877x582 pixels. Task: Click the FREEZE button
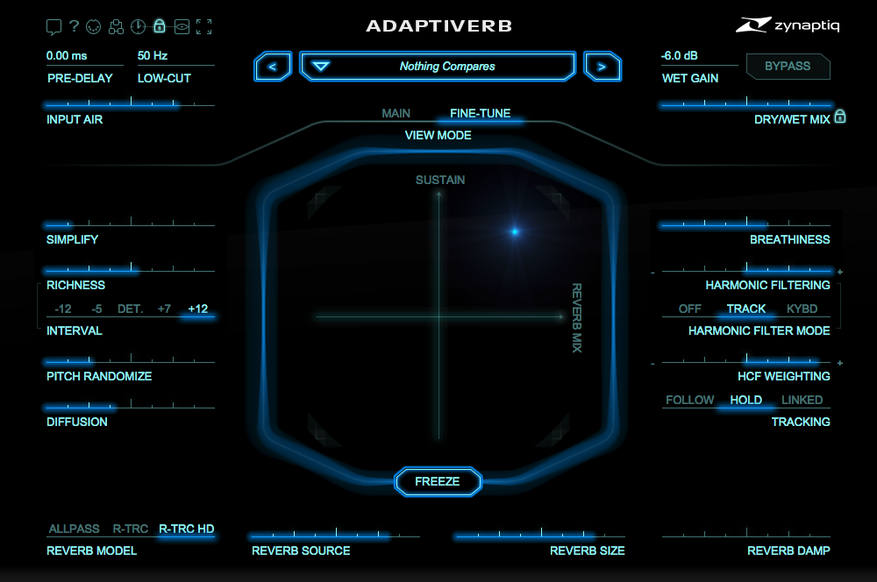438,481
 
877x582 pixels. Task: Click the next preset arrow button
602,67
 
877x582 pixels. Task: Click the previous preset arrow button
273,67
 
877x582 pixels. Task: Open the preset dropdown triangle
320,67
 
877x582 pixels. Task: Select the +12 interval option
197,309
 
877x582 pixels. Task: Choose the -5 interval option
96,309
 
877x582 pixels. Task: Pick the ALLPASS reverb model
74,529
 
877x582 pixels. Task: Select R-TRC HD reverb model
186,529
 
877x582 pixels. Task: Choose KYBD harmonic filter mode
802,309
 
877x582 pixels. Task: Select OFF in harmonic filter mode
689,309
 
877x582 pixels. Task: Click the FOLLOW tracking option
689,400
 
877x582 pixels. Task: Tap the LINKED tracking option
802,400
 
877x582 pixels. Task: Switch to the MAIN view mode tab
396,113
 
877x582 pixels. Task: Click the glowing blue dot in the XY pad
515,231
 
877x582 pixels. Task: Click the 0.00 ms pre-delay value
67,55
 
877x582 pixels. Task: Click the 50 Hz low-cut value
153,55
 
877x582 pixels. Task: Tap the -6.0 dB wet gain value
680,55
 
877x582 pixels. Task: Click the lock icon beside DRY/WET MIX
840,117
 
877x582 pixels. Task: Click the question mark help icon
74,25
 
